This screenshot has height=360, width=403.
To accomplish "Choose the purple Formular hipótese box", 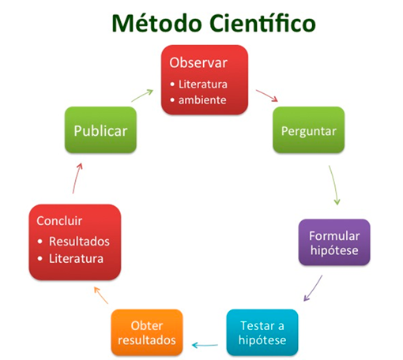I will click(x=334, y=242).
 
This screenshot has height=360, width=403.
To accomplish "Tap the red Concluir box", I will click(x=74, y=242).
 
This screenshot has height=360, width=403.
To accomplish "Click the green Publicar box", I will click(x=100, y=130).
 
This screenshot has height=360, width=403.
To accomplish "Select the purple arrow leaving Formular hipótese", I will click(x=314, y=288).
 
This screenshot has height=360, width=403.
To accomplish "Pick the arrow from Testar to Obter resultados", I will click(x=206, y=344).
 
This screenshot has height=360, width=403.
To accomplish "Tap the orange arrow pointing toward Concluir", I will click(x=101, y=296).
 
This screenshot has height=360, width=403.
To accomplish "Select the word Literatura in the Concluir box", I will click(x=76, y=258).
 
